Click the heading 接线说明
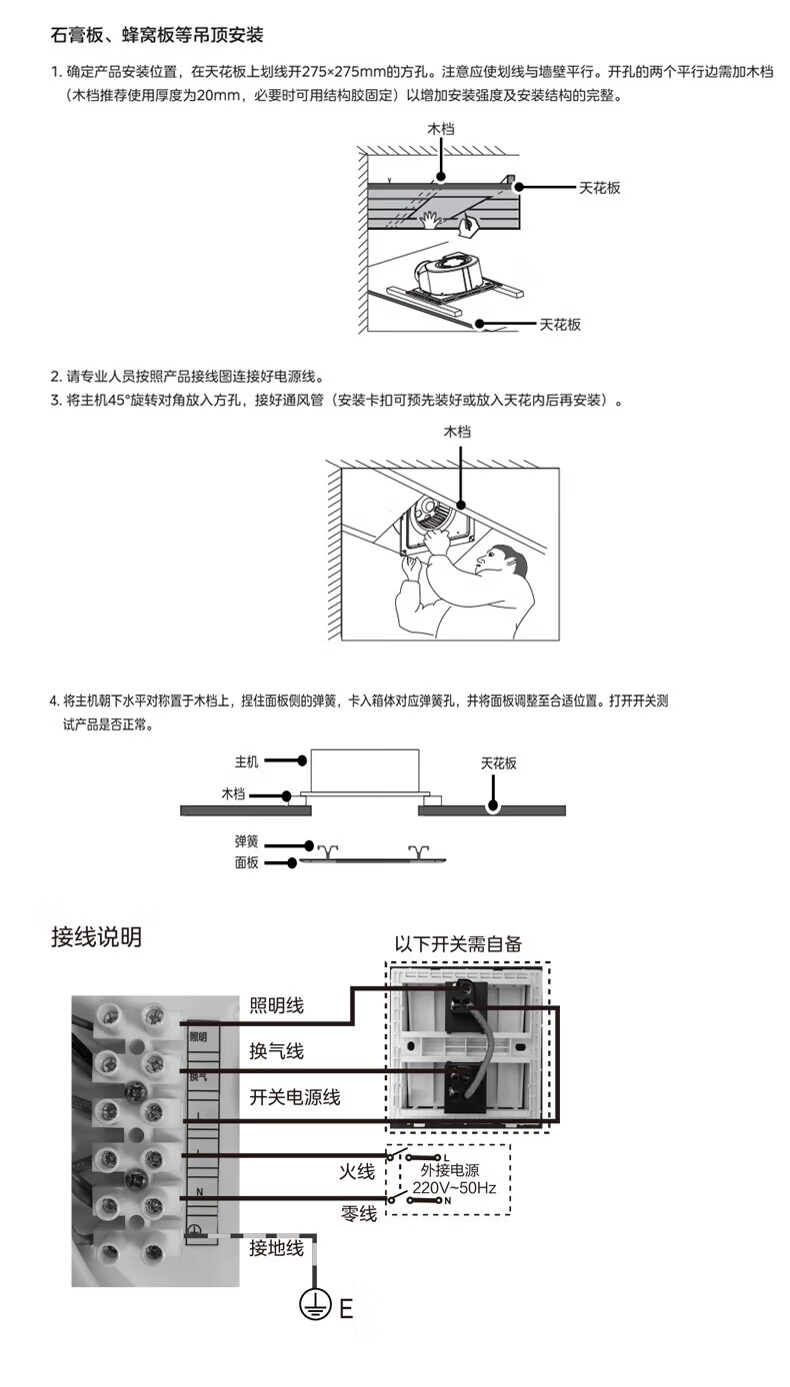96,936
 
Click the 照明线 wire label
276,1005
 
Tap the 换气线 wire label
276,1051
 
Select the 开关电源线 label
294,1097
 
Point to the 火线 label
357,1169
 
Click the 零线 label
358,1213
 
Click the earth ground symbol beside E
315,1305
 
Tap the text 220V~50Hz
454,1187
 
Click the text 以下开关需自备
458,943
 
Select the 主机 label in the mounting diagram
246,761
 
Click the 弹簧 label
246,842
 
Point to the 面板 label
246,861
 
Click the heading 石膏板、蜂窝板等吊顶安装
157,36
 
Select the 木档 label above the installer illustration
457,432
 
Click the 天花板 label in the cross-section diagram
498,762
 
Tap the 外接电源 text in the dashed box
449,1169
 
